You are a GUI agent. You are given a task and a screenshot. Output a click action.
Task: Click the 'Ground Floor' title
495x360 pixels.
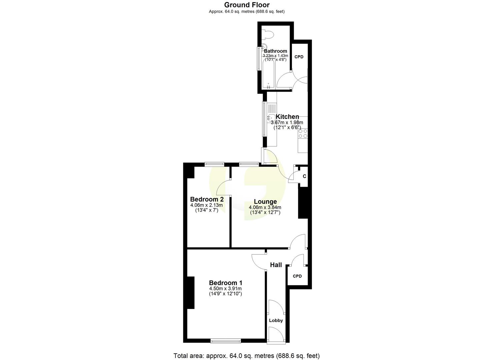[x=247, y=5]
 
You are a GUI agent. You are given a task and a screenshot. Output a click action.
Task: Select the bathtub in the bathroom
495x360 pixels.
[x=269, y=76]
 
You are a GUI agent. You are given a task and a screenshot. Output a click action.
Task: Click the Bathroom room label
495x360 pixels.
[x=275, y=51]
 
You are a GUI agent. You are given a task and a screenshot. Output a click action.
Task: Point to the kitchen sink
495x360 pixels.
[x=271, y=118]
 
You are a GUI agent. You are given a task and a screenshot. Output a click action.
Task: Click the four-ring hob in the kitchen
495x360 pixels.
[x=303, y=133]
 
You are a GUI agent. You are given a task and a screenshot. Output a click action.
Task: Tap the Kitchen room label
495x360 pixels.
[x=287, y=117]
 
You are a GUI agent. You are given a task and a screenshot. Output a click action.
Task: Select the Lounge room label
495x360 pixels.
[x=265, y=201]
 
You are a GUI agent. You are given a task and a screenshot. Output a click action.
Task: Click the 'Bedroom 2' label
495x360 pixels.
[x=207, y=199]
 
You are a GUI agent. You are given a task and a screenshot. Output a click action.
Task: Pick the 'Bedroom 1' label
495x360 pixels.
[x=225, y=283]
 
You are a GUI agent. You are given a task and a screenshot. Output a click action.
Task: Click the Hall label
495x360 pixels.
[x=276, y=265]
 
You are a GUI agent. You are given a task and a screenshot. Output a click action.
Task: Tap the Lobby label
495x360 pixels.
[x=276, y=320]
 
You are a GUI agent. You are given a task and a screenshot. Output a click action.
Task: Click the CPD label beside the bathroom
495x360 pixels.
[x=299, y=57]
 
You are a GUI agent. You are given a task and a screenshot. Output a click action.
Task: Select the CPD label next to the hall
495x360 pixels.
[x=297, y=276]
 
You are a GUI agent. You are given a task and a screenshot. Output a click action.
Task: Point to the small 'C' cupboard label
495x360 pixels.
[x=304, y=176]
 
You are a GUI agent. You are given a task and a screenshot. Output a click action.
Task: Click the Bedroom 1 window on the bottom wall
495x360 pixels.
[x=226, y=341]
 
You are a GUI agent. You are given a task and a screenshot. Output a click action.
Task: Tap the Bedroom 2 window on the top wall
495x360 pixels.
[x=214, y=164]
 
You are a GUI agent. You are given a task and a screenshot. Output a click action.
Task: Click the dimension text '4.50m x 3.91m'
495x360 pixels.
[x=225, y=289]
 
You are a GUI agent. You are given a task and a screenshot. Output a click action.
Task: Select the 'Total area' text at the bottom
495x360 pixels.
[x=247, y=356]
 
